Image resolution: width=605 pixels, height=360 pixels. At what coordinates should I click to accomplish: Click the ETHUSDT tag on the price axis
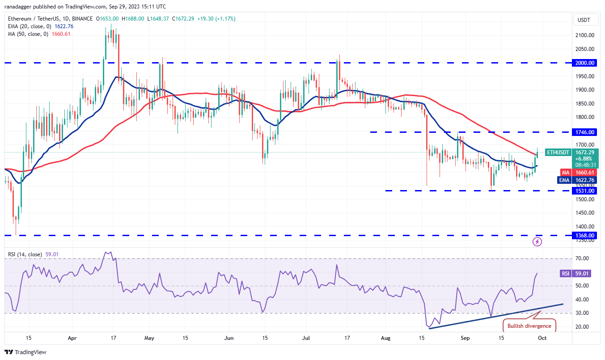(558, 152)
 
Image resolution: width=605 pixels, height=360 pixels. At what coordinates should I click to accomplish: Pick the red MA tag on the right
(565, 172)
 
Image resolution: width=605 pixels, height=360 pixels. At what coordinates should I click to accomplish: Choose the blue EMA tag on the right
(565, 180)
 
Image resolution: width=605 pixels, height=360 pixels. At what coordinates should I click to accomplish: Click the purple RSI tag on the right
(565, 273)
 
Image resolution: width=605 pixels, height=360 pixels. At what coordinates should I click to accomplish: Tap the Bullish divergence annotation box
(530, 326)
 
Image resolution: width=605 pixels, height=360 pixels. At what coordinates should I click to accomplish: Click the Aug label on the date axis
(386, 339)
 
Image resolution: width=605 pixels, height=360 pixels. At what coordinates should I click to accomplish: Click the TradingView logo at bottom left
(25, 352)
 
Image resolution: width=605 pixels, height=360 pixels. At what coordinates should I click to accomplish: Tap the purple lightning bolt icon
(537, 242)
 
